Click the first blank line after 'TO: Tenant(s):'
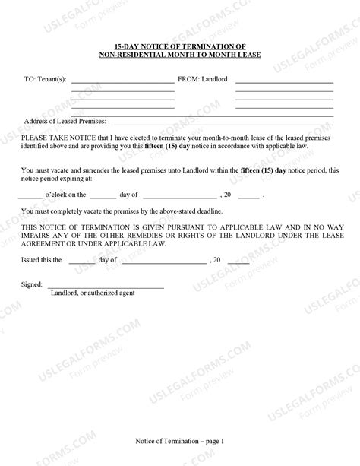pos(123,81)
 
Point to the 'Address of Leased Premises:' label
pos(65,121)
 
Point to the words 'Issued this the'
pos(42,259)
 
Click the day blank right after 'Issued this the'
pos(82,261)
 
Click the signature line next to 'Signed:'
pos(106,287)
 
